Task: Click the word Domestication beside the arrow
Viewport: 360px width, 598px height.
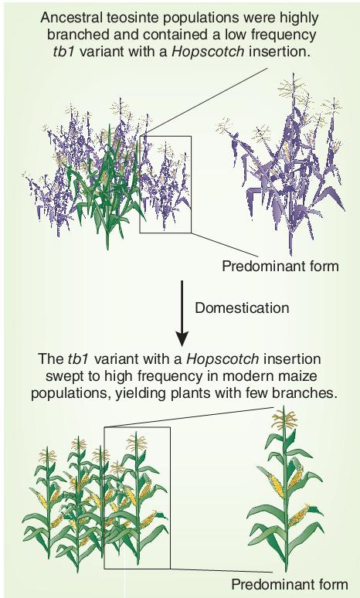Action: click(x=242, y=307)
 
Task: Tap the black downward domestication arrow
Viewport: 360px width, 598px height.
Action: click(x=182, y=314)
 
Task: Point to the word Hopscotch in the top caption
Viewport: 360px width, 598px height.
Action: click(x=209, y=51)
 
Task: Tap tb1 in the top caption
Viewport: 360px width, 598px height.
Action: click(x=65, y=51)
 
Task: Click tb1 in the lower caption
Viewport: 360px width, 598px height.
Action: click(x=79, y=359)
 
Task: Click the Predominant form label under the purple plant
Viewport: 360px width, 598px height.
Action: click(x=280, y=266)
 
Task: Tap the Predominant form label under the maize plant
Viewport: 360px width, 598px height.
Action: click(x=290, y=584)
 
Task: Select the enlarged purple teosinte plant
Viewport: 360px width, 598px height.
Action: click(x=282, y=164)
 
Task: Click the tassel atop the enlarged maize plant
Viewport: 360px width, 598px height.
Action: click(x=284, y=420)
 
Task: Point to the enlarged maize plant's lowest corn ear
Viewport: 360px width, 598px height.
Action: click(x=300, y=515)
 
